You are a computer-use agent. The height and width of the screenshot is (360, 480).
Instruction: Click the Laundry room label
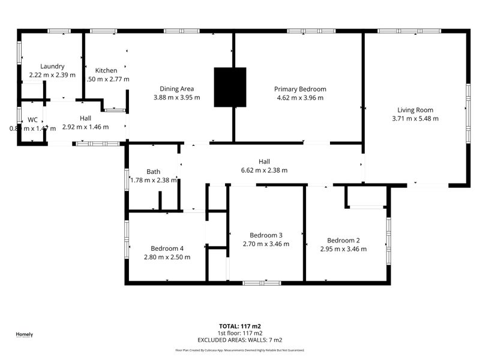pyautogui.click(x=52, y=67)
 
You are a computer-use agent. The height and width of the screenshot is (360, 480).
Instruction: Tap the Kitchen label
pyautogui.click(x=106, y=71)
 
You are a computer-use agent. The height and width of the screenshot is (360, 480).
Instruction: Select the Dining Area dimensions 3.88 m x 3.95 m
pyautogui.click(x=176, y=97)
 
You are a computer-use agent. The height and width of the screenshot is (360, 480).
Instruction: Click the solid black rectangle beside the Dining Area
pyautogui.click(x=230, y=87)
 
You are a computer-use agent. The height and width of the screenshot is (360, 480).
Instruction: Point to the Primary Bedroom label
pyautogui.click(x=300, y=89)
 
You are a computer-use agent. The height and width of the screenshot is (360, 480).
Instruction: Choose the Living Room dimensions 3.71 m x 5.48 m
pyautogui.click(x=415, y=118)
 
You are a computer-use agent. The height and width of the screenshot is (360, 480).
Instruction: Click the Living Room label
pyautogui.click(x=415, y=110)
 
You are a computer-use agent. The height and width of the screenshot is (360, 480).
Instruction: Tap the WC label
pyautogui.click(x=32, y=119)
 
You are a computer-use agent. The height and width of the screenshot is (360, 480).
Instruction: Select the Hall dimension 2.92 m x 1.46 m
pyautogui.click(x=85, y=127)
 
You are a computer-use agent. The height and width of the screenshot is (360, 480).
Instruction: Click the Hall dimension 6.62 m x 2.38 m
pyautogui.click(x=264, y=170)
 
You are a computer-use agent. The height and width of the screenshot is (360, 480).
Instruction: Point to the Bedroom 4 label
pyautogui.click(x=167, y=248)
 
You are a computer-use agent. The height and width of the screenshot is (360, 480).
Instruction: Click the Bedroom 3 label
pyautogui.click(x=266, y=235)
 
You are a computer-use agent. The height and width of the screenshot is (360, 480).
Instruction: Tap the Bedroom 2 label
pyautogui.click(x=343, y=240)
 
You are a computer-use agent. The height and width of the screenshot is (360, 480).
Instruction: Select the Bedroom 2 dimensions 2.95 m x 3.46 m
pyautogui.click(x=343, y=248)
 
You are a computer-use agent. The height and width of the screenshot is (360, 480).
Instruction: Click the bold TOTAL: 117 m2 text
pyautogui.click(x=240, y=326)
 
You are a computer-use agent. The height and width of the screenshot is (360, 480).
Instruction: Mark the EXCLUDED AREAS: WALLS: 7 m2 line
pyautogui.click(x=240, y=340)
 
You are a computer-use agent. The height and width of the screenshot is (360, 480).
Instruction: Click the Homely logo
pyautogui.click(x=24, y=335)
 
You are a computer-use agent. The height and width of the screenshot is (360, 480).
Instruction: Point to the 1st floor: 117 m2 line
pyautogui.click(x=240, y=333)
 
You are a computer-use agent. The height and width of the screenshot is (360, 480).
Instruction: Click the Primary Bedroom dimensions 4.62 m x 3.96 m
pyautogui.click(x=300, y=97)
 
